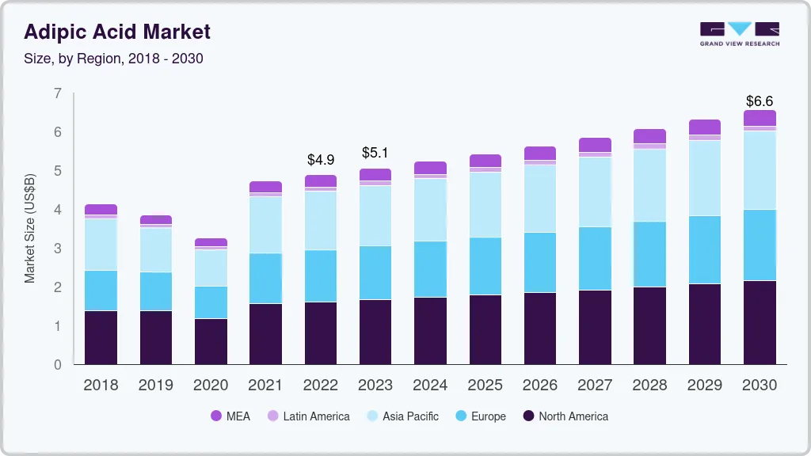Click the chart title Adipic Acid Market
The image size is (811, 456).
coord(117,32)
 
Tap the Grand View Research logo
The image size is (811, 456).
coord(739,34)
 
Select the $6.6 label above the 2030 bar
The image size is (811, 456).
coord(760,101)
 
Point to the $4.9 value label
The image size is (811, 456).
coord(321,160)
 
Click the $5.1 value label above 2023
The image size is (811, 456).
coord(375,153)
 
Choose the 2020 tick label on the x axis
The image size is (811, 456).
coord(211,386)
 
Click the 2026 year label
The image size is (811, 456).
coord(539,386)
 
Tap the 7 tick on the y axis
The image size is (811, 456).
coord(57,93)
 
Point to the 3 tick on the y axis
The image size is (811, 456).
coord(57,249)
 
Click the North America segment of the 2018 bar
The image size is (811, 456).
coord(101,337)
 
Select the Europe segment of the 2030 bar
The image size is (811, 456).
coord(760,245)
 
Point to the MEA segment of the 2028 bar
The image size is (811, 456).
coord(649,136)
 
